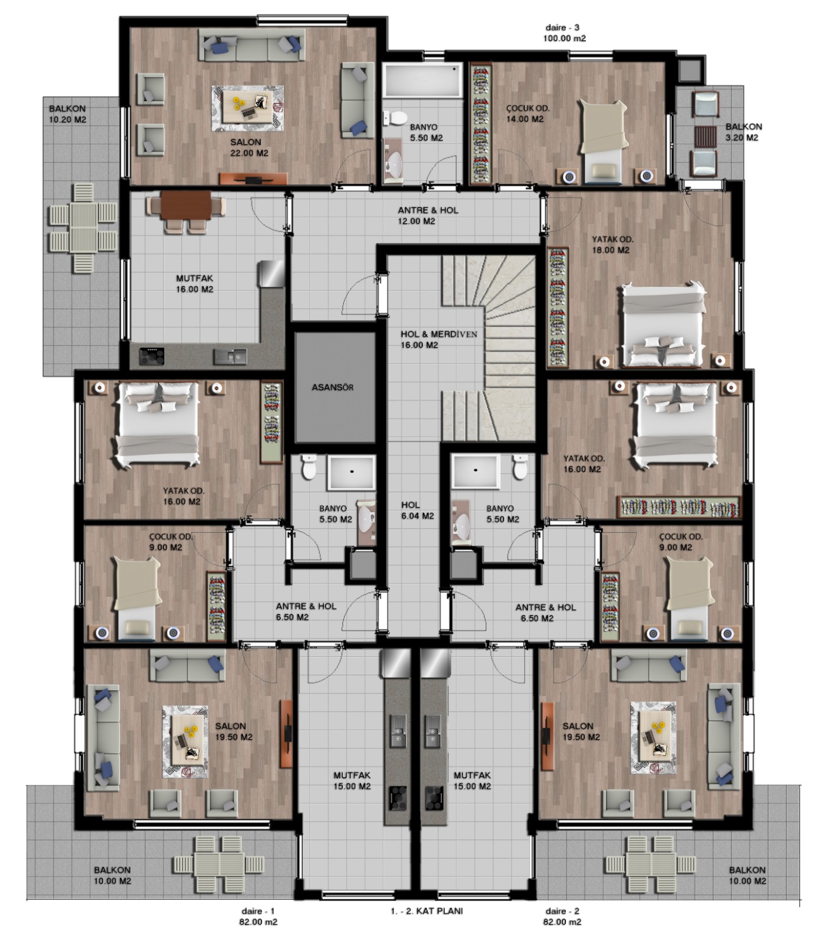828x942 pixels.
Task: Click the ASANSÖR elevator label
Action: tap(332, 387)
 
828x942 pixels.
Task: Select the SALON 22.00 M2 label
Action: tap(249, 147)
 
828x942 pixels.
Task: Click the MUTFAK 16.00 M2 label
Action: tap(194, 284)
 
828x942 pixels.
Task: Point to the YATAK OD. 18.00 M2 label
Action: tap(612, 244)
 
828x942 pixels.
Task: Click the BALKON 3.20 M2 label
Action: tap(743, 132)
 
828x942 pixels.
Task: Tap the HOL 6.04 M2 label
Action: tap(418, 510)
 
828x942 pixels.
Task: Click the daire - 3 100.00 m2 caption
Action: tap(564, 33)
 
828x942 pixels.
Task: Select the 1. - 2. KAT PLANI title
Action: tap(426, 911)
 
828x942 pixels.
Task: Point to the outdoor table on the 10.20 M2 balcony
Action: tap(82, 227)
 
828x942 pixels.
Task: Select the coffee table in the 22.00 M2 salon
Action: tap(247, 108)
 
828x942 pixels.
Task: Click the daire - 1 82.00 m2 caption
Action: tap(258, 917)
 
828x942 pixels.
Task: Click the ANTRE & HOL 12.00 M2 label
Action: tap(428, 215)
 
